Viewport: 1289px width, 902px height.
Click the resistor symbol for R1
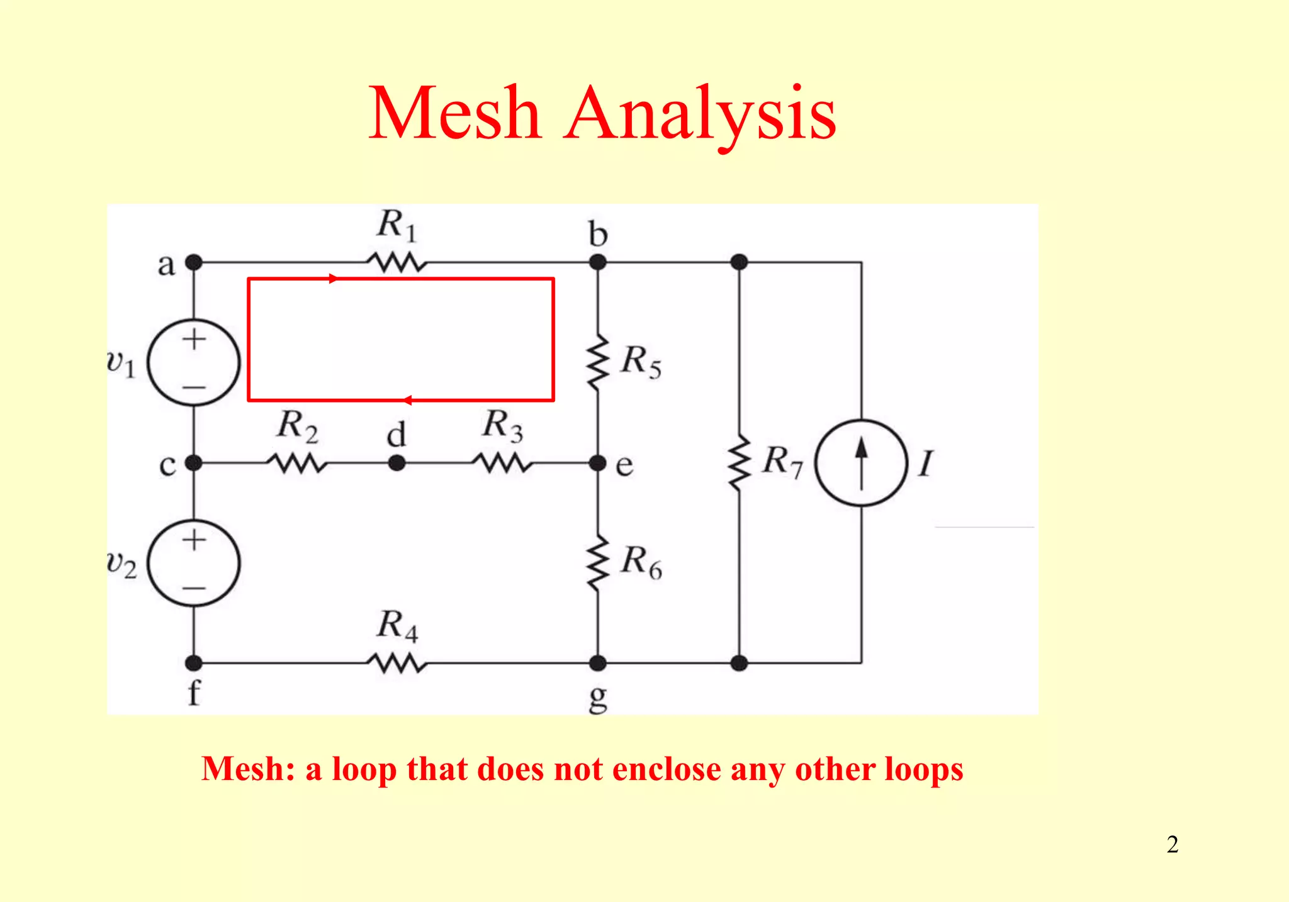click(x=397, y=262)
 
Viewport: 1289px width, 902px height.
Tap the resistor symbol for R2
click(x=296, y=464)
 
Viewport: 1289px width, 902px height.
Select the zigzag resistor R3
click(x=502, y=464)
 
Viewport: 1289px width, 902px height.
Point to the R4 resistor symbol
click(x=397, y=663)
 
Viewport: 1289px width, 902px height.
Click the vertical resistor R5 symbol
click(x=598, y=363)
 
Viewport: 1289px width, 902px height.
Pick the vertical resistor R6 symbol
click(x=598, y=563)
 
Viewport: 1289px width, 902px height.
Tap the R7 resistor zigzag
click(x=740, y=463)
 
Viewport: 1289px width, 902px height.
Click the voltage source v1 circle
click(x=194, y=362)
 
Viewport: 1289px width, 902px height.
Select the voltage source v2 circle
click(x=194, y=563)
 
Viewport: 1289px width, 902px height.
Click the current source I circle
click(x=861, y=463)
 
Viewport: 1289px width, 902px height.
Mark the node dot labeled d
click(x=397, y=464)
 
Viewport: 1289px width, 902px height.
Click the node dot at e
click(x=597, y=464)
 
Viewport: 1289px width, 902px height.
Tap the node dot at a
click(x=194, y=262)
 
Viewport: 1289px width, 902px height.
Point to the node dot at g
click(x=597, y=663)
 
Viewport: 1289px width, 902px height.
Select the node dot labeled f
click(x=194, y=663)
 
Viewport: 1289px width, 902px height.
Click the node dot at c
click(x=194, y=464)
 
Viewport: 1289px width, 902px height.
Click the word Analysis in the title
click(x=700, y=114)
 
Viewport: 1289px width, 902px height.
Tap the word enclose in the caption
click(x=667, y=769)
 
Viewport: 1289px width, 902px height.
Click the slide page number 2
click(x=1172, y=844)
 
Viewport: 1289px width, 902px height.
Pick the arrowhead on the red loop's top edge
click(x=334, y=279)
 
